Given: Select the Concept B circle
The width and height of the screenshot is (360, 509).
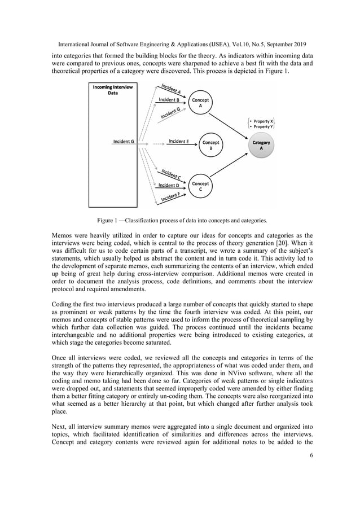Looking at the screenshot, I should (210, 146).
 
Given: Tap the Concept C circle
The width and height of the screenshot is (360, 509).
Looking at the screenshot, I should (200, 186).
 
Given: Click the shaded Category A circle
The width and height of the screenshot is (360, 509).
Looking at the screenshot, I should (261, 146).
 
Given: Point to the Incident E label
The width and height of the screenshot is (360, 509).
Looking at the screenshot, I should (179, 141).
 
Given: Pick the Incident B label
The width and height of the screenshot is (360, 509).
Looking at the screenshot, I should (169, 99).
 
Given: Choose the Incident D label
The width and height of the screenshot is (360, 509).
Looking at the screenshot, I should (169, 185).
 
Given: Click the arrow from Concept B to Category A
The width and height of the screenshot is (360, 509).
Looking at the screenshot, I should (236, 144).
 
